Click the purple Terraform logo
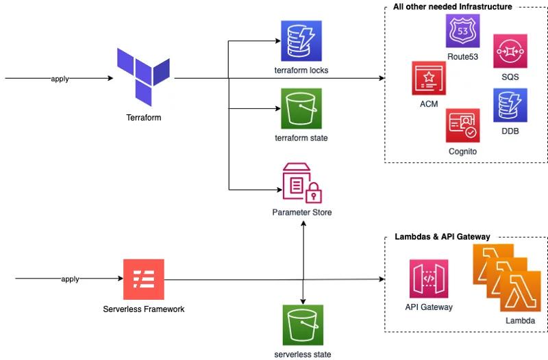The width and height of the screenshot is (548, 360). click(142, 75)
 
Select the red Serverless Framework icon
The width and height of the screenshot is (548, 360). click(143, 279)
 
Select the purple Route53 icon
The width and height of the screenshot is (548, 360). click(462, 31)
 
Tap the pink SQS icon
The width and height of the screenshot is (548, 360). click(510, 51)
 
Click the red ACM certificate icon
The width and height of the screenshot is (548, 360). click(429, 78)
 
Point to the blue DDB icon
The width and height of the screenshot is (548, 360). click(510, 105)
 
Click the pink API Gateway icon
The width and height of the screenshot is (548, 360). click(429, 279)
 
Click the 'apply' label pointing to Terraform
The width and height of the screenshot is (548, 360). click(60, 79)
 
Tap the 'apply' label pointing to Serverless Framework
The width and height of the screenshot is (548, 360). click(70, 279)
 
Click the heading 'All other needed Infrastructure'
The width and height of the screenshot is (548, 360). click(452, 7)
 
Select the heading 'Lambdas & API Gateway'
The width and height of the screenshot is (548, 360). click(442, 237)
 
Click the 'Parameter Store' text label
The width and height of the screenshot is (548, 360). click(301, 213)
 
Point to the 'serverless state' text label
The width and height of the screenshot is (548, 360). click(302, 354)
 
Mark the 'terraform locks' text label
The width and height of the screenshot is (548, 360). click(301, 70)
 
